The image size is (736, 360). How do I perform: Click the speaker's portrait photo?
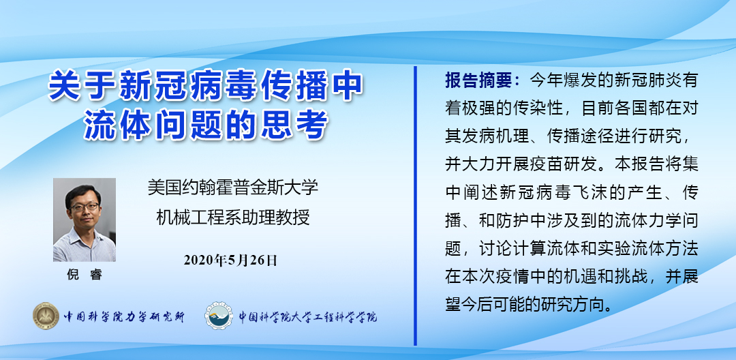pyautogui.click(x=85, y=220)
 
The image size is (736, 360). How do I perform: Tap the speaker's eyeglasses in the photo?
pyautogui.click(x=84, y=207)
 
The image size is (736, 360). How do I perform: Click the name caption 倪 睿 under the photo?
pyautogui.click(x=85, y=275)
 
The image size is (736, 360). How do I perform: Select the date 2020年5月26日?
pyautogui.click(x=230, y=260)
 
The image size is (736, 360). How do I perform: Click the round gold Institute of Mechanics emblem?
pyautogui.click(x=46, y=316)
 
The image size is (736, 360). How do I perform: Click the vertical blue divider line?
pyautogui.click(x=415, y=206)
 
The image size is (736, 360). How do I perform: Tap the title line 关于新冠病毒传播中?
pyautogui.click(x=206, y=86)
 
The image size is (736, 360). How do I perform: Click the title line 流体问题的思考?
pyautogui.click(x=206, y=124)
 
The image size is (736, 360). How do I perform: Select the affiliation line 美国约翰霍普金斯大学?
pyautogui.click(x=233, y=187)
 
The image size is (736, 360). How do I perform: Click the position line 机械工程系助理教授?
pyautogui.click(x=233, y=218)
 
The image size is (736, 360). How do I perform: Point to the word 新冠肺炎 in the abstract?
pyautogui.click(x=639, y=80)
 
